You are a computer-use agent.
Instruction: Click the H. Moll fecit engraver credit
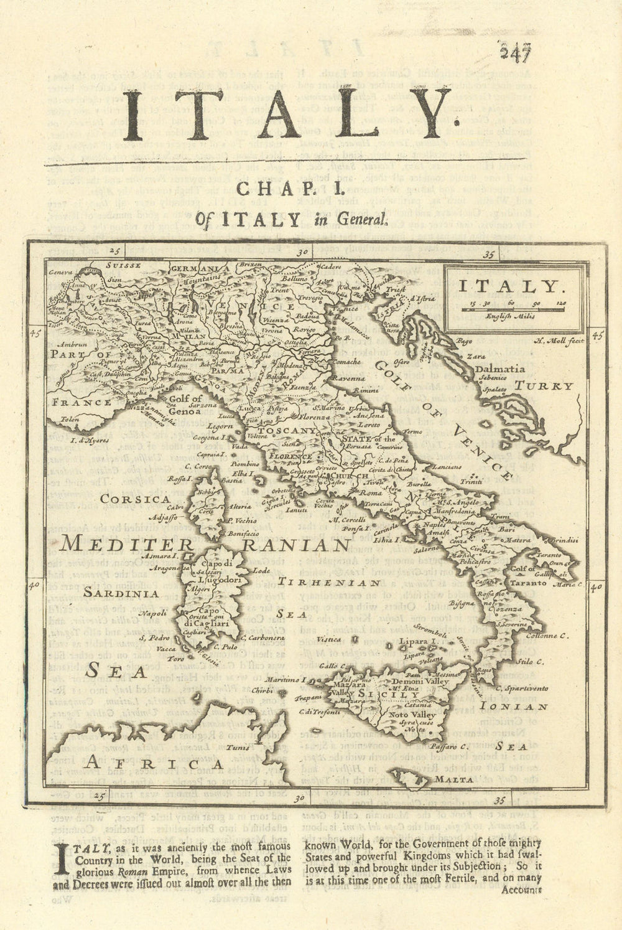558,342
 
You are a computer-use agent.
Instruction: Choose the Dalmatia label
501,369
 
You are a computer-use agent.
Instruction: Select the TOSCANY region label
287,430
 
